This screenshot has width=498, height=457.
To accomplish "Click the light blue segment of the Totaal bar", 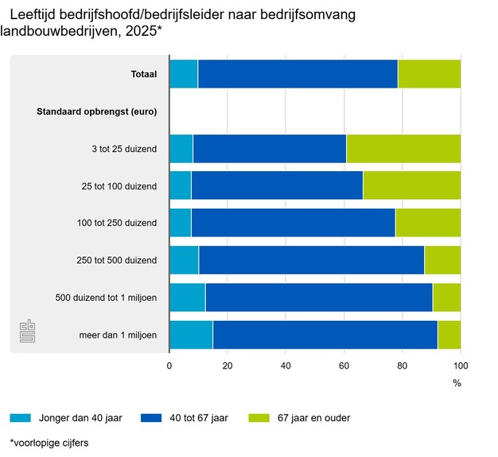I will [183, 74].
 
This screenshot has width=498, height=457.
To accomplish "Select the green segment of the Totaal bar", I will [429, 74].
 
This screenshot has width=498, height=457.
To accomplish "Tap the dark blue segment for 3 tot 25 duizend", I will [270, 148].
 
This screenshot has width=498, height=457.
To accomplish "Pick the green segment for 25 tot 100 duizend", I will [411, 186].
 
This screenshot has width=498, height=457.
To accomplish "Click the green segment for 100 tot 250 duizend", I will [427, 223].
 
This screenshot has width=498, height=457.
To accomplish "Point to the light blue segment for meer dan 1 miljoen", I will [191, 335].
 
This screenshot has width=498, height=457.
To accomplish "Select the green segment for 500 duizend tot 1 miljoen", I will [446, 298].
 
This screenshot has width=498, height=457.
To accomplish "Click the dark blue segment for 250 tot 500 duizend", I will [311, 260].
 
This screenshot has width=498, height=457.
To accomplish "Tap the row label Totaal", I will [144, 75].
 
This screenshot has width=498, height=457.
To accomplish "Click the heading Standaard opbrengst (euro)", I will [97, 111].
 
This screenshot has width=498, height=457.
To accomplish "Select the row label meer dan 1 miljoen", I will [118, 335].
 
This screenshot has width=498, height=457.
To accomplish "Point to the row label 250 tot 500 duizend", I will [118, 260].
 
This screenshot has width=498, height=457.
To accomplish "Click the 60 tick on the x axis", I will [344, 366].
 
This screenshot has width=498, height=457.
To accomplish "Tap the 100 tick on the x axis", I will [460, 366].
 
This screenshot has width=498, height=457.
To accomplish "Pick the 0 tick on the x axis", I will [169, 366].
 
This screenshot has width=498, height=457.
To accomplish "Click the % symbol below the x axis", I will [457, 383].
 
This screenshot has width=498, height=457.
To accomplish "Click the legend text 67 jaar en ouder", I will [310, 417].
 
